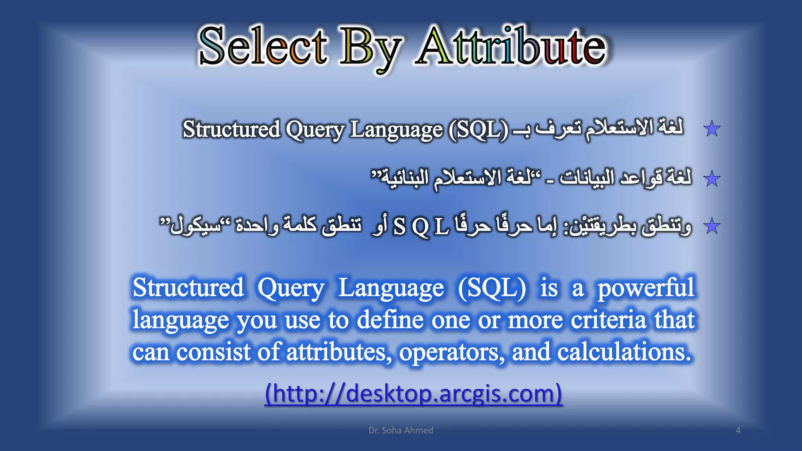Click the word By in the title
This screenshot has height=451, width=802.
(370, 49)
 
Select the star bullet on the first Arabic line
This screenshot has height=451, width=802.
(712, 129)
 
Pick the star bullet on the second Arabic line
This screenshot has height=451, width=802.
(712, 179)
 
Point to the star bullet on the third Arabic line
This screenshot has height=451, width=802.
(712, 226)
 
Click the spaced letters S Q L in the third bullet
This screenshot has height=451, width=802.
(421, 227)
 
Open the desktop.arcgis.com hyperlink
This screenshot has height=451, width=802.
(414, 393)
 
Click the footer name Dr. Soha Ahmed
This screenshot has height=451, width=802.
(401, 430)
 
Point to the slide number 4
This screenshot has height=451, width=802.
(738, 430)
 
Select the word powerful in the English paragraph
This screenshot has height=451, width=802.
(646, 289)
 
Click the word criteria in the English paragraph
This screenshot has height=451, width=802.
(608, 320)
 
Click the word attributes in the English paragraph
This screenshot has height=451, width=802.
(339, 352)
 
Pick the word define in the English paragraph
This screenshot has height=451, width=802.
(390, 320)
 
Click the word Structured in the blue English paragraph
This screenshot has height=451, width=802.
(188, 288)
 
